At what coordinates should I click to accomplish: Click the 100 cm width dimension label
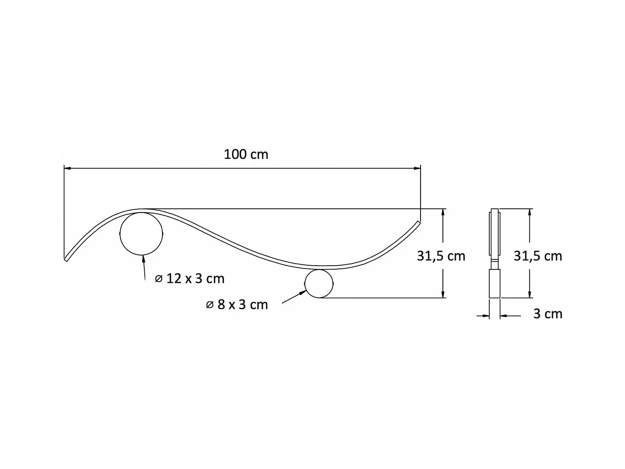click(246, 154)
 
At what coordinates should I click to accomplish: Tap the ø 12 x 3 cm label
click(190, 278)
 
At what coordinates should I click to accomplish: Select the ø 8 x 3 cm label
click(237, 304)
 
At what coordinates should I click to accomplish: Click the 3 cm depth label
click(548, 314)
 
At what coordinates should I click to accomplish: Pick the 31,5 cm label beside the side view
click(538, 256)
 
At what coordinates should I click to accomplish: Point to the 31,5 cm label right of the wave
click(441, 256)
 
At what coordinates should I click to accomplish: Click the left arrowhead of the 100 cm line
click(67, 169)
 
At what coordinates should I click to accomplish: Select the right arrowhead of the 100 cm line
click(417, 169)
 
